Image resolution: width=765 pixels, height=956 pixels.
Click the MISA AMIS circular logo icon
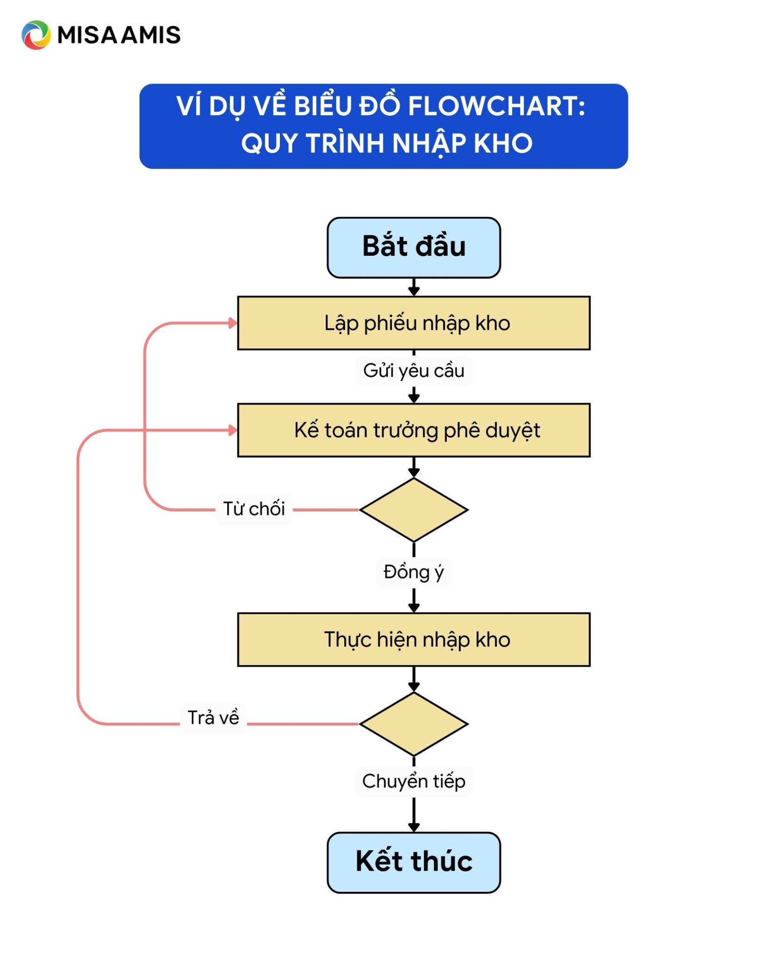[x=36, y=35]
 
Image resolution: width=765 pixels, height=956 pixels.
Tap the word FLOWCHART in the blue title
[x=497, y=106]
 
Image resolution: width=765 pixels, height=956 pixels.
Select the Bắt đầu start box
[x=414, y=247]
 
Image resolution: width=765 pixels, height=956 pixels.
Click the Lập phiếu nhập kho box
[x=414, y=323]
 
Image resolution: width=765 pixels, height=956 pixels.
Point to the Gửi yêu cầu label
[x=414, y=371]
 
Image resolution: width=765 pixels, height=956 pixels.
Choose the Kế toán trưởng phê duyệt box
[x=414, y=430]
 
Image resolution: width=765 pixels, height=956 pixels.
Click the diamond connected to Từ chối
[x=414, y=510]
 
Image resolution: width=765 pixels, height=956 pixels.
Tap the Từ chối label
[x=254, y=509]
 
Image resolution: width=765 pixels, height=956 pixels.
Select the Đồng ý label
[x=414, y=572]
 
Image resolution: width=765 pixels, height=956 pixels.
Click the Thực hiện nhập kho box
[x=414, y=640]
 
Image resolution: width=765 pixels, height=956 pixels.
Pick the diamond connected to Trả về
[x=414, y=724]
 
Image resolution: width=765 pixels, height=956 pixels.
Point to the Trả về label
[x=213, y=718]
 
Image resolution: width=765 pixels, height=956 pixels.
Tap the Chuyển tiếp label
[x=414, y=781]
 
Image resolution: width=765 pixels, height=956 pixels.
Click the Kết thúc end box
[x=414, y=862]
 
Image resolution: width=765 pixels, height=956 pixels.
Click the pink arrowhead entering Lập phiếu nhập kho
[x=233, y=323]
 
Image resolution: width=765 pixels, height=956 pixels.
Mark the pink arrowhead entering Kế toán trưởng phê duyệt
[x=233, y=430]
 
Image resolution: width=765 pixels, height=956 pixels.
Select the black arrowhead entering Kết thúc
[x=414, y=827]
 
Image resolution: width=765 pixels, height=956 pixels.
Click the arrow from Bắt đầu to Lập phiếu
[x=414, y=287]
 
